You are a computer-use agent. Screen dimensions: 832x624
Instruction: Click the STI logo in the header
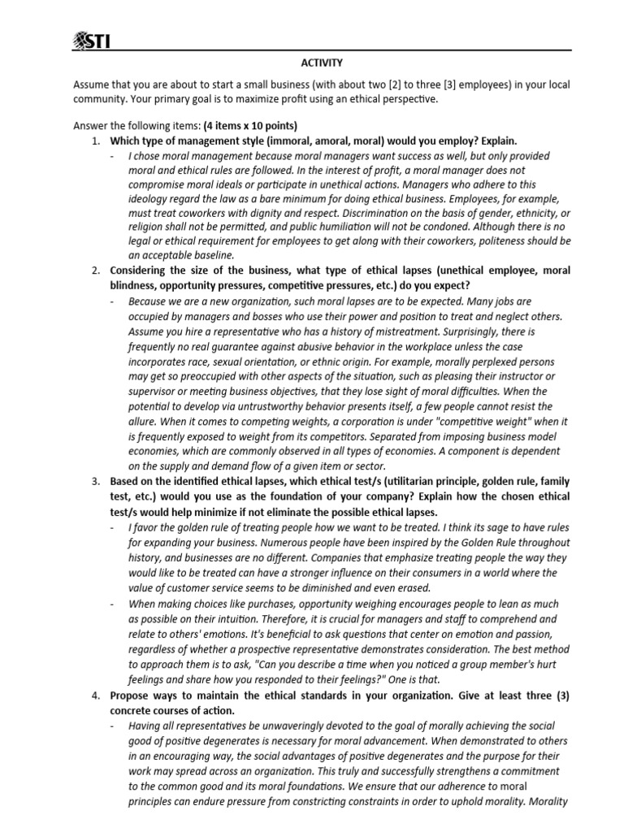tap(91, 40)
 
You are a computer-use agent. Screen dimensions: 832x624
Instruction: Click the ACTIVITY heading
tap(323, 63)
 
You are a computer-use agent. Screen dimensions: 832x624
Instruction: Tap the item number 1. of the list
tap(95, 141)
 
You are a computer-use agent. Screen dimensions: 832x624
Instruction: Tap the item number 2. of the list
tap(95, 271)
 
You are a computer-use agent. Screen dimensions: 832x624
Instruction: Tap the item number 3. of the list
tap(95, 482)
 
